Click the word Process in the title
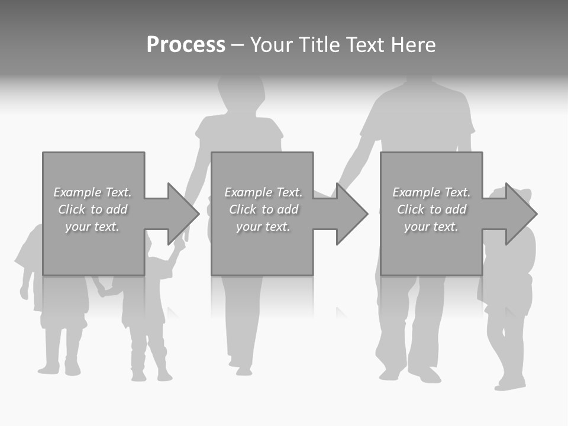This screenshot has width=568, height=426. click(186, 45)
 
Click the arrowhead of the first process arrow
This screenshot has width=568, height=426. click(183, 214)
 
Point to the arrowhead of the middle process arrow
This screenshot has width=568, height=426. click(352, 214)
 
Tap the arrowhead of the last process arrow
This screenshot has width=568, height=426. click(521, 214)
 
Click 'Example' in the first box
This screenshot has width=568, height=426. click(77, 192)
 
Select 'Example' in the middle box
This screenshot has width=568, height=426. click(248, 192)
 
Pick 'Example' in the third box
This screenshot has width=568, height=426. click(416, 192)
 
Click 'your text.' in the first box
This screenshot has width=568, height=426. click(92, 227)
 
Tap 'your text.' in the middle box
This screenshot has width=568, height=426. click(263, 227)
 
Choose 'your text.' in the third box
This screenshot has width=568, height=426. click(431, 227)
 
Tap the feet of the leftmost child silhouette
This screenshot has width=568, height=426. click(59, 369)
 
